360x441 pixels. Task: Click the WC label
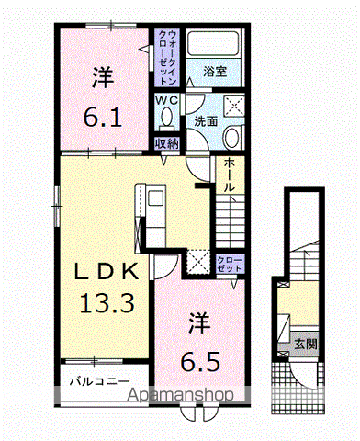pos(165,99)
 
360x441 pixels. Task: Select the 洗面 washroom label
pos(204,119)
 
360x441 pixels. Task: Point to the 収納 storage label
pos(166,142)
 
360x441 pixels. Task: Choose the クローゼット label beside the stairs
pos(229,266)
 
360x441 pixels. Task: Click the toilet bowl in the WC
pos(165,118)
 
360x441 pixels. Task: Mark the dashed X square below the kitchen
pos(197,264)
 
